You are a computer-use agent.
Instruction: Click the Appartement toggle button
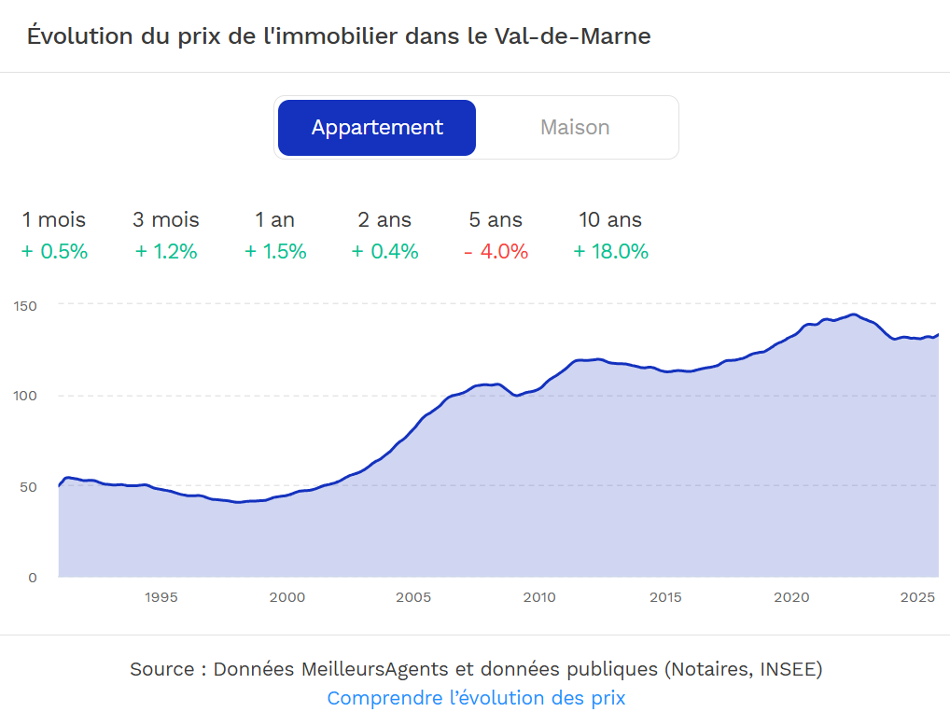tap(377, 128)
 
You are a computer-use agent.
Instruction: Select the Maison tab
tap(575, 128)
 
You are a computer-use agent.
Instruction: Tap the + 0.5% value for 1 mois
tap(54, 252)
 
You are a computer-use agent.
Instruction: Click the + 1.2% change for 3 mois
tap(166, 252)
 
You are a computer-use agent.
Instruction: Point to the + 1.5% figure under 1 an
tap(275, 252)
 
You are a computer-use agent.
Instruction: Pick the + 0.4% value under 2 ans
tap(384, 252)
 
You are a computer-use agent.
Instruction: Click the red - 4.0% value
tap(496, 252)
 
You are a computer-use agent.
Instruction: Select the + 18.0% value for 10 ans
tap(610, 252)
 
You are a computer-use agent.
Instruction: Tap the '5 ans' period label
tap(496, 220)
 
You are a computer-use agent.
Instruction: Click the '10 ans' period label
tap(610, 220)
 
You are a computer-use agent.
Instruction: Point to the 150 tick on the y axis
tap(25, 305)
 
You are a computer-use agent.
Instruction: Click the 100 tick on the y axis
tap(25, 396)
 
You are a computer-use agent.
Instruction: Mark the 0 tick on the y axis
tap(33, 578)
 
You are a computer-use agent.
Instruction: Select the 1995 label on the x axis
tap(161, 597)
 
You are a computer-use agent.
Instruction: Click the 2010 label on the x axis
tap(539, 597)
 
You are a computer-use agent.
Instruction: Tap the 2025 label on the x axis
tap(918, 597)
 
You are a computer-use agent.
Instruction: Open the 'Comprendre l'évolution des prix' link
tap(476, 698)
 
